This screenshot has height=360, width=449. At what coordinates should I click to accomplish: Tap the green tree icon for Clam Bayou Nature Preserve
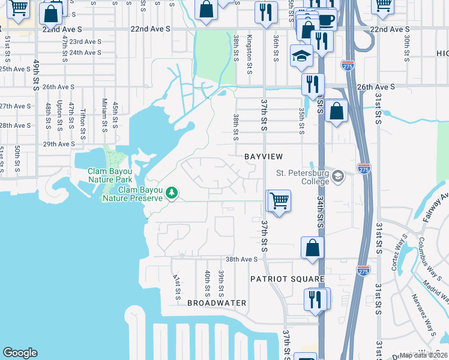click(172, 193)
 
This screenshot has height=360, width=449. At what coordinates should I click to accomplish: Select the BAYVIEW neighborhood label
click(263, 157)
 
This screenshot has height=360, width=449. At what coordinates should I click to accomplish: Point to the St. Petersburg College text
click(303, 178)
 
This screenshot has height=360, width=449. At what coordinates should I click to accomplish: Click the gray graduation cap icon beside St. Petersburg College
click(338, 176)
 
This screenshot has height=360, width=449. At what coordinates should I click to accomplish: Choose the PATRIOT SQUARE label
click(288, 280)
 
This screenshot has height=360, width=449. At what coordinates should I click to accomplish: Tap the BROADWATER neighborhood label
click(217, 303)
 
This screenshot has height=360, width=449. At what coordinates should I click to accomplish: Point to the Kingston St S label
click(250, 50)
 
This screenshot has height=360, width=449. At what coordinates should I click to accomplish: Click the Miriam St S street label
click(104, 115)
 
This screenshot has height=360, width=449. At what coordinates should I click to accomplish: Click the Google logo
click(20, 353)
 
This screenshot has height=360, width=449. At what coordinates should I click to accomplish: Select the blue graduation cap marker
click(299, 56)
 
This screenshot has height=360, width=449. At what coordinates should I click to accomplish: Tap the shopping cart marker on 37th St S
click(279, 200)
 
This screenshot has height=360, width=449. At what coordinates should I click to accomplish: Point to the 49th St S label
click(37, 74)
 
